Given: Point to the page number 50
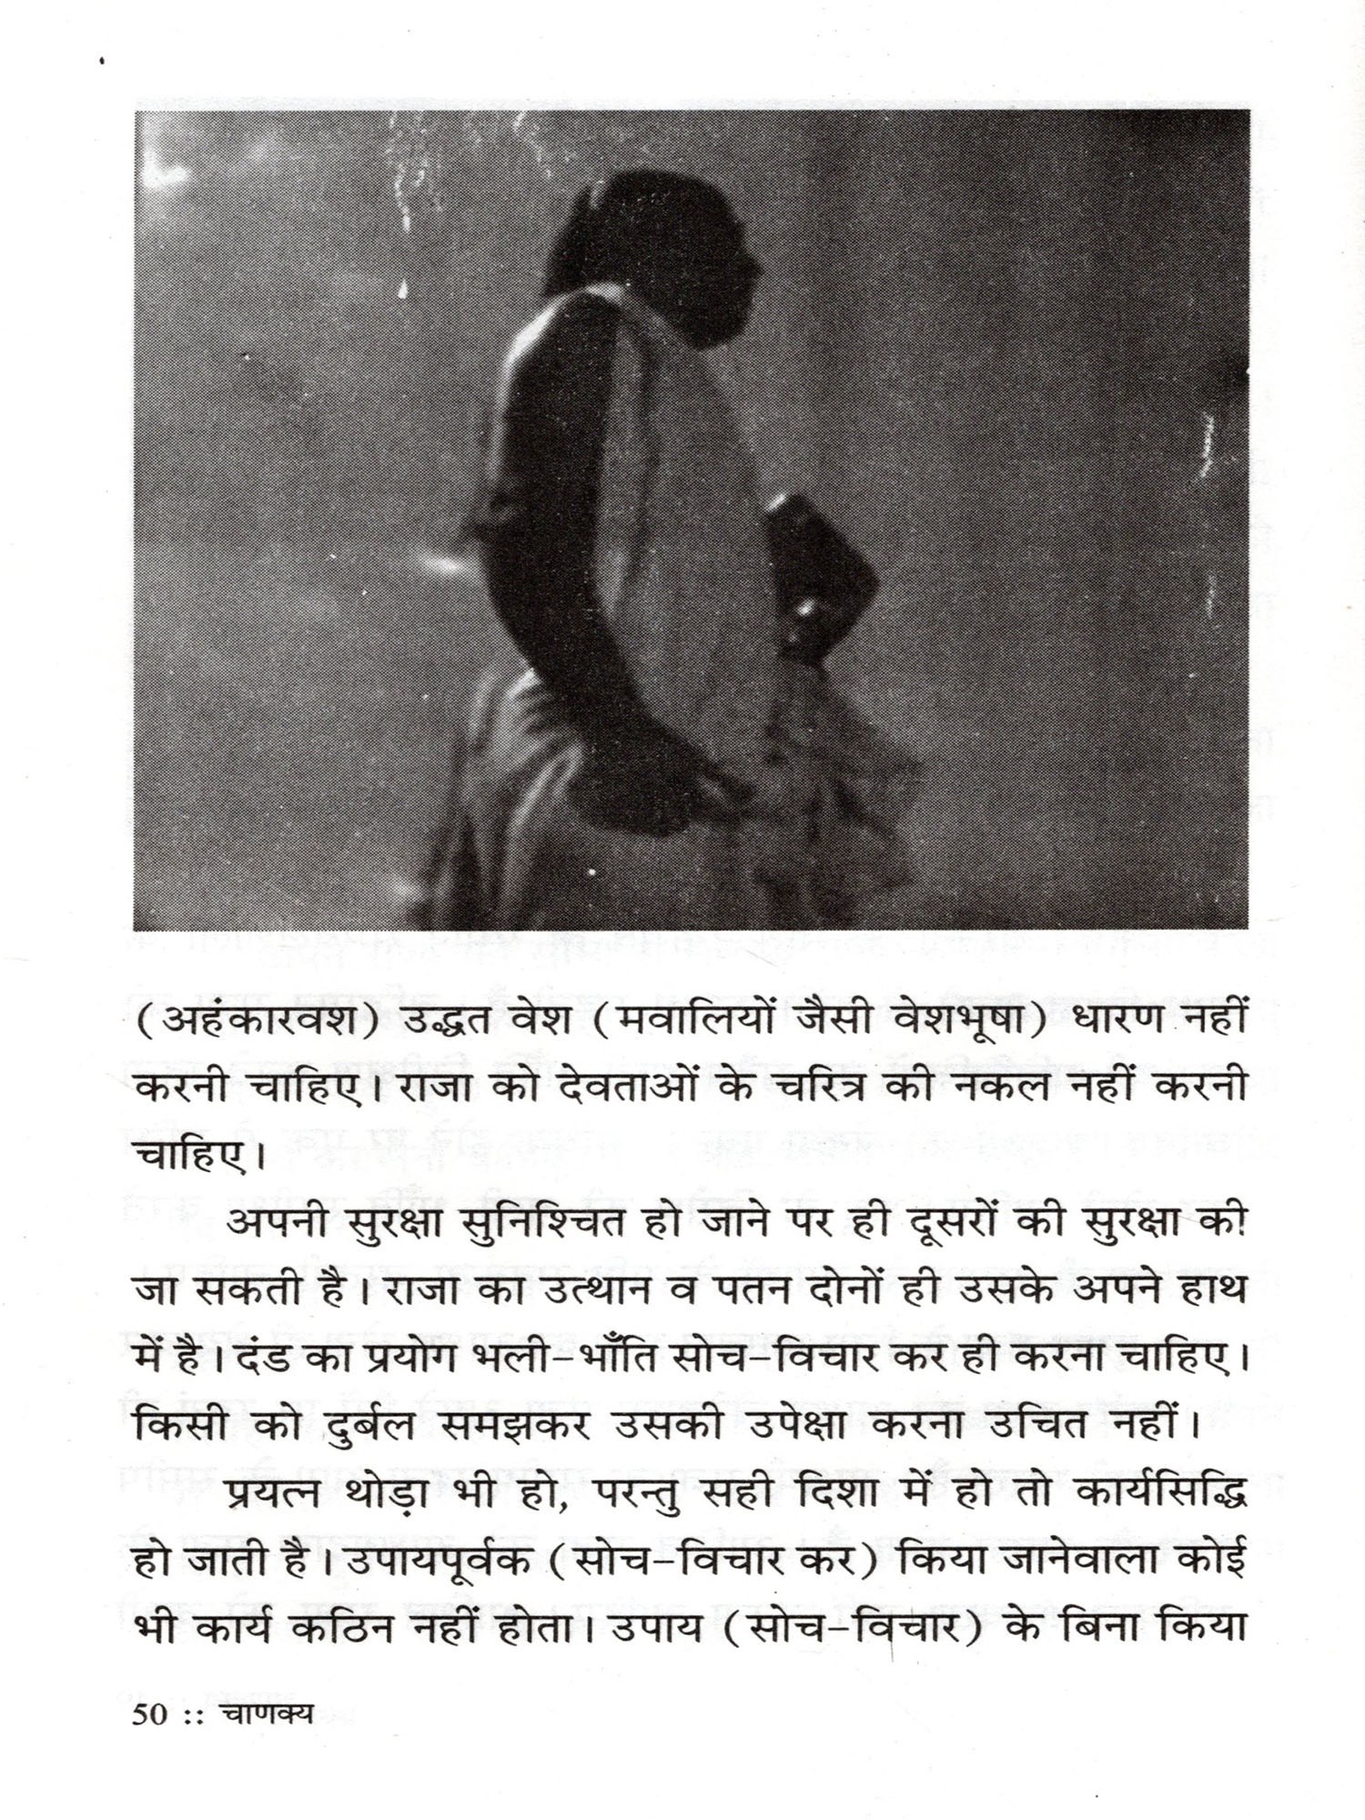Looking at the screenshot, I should [150, 1714].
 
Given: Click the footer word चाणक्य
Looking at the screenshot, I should [268, 1714].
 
